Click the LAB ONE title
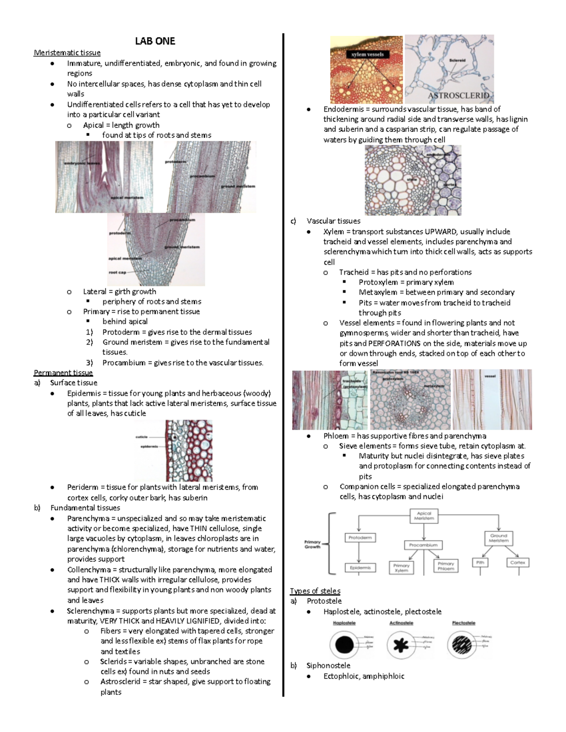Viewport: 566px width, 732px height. [155, 41]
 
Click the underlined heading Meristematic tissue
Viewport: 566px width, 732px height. [67, 52]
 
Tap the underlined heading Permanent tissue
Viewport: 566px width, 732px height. [63, 372]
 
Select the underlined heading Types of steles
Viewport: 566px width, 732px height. [315, 591]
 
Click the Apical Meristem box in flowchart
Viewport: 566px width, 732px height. [424, 515]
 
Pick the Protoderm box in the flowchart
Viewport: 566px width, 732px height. [360, 537]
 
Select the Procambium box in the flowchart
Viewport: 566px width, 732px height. [423, 545]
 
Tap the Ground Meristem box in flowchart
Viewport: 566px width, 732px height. [499, 538]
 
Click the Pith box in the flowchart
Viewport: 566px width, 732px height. [480, 562]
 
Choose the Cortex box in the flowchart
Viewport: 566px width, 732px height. [517, 562]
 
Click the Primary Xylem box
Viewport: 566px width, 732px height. [401, 568]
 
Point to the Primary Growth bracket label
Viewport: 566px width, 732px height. [312, 544]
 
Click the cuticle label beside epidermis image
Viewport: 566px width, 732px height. [141, 437]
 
